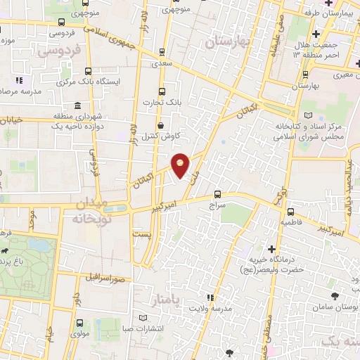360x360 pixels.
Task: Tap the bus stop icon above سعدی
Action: point(163,51)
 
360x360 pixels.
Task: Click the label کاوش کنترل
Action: point(164,136)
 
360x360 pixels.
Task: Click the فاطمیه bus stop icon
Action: point(290,211)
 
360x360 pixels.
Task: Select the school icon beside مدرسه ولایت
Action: point(209,297)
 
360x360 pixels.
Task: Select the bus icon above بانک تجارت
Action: point(162,91)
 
